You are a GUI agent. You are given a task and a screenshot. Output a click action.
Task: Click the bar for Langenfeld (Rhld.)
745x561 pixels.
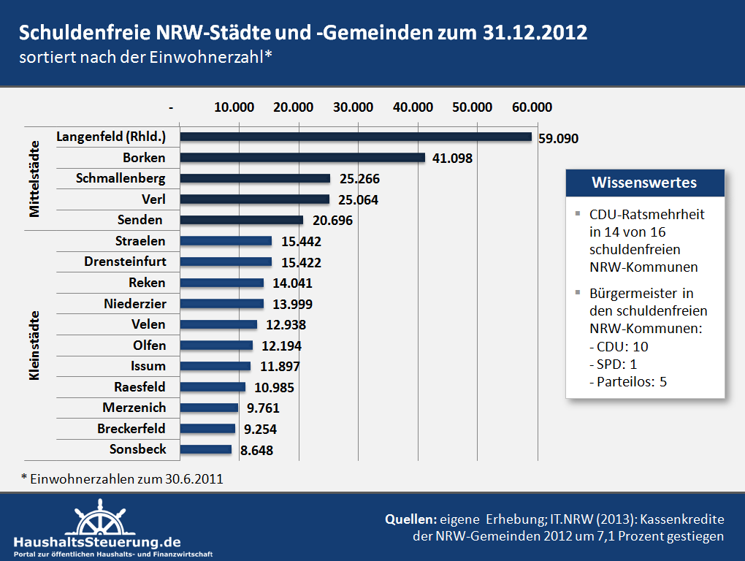tap(355, 137)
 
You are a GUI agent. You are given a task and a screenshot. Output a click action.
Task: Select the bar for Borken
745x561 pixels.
tap(302, 158)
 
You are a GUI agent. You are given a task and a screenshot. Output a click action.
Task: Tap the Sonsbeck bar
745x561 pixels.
tap(205, 450)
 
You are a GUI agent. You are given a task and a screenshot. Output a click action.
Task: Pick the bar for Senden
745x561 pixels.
tap(241, 220)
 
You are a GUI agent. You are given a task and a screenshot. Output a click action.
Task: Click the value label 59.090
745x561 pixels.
tap(558, 137)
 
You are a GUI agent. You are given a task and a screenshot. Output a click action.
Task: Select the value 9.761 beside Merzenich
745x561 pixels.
tap(263, 408)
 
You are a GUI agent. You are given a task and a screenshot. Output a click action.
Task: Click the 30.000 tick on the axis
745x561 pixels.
tap(353, 107)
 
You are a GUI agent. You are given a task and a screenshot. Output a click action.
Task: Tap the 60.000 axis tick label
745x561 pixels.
tap(532, 107)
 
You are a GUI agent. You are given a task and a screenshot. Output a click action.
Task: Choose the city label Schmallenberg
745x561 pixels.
tap(121, 178)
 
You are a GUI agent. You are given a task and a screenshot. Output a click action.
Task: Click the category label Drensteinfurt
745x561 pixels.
tap(125, 262)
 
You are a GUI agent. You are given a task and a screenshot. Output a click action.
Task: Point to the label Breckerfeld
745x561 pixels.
tap(131, 428)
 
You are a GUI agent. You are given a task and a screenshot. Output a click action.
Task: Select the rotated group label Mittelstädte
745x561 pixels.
tap(34, 178)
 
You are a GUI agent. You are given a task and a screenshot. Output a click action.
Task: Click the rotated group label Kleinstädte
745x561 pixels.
tap(34, 345)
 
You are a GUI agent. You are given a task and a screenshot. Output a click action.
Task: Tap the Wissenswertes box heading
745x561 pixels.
tap(644, 183)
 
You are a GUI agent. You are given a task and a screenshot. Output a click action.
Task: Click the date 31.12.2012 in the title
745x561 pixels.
tap(535, 33)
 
